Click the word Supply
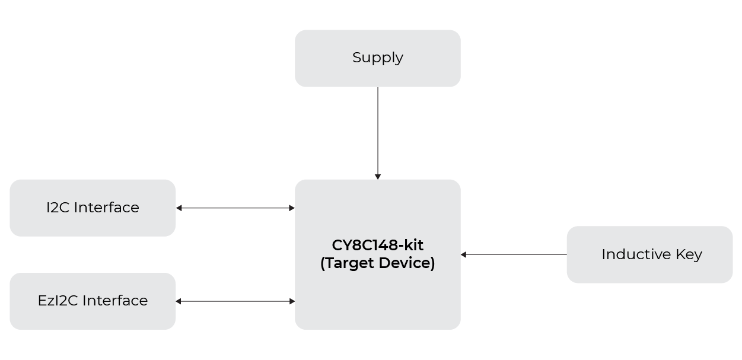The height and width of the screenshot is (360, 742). [378, 58]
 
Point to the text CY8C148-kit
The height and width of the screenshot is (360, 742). [377, 245]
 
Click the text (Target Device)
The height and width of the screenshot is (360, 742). [377, 263]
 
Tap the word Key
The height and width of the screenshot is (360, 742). [689, 255]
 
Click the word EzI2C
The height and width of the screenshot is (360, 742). [58, 301]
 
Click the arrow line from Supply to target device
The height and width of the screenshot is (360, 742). [378, 130]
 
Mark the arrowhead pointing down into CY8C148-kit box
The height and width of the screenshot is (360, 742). [378, 176]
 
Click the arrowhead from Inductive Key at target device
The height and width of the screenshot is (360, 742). [464, 254]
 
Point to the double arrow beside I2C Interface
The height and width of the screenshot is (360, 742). [235, 208]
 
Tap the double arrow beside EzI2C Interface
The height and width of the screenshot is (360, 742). [235, 301]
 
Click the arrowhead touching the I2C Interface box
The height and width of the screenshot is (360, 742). [179, 208]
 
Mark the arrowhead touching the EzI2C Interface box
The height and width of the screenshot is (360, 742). [179, 301]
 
